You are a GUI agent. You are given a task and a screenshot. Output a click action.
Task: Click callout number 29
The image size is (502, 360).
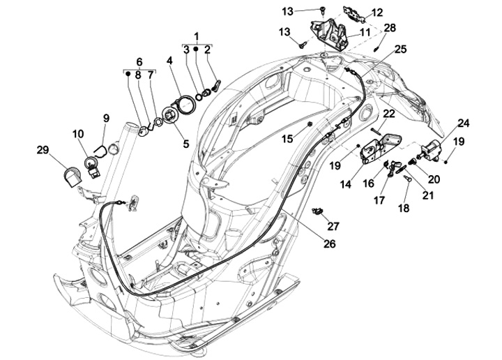tap(43, 150)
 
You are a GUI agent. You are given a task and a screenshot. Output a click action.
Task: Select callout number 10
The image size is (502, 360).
tap(77, 133)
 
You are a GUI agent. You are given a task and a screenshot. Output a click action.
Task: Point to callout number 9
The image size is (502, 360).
tap(106, 118)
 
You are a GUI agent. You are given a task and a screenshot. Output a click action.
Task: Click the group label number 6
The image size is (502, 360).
tap(139, 61)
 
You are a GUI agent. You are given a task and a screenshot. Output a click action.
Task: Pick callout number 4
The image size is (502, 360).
tap(169, 61)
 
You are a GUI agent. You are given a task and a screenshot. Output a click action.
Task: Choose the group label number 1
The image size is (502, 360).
tap(197, 35)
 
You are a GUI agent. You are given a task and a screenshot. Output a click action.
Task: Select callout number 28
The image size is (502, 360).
tap(390, 28)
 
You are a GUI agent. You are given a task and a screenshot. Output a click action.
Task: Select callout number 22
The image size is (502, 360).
tap(389, 113)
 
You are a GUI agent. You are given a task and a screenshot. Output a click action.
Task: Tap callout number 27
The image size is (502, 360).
tap(333, 226)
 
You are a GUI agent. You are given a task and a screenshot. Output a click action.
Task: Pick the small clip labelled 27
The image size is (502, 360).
tap(319, 211)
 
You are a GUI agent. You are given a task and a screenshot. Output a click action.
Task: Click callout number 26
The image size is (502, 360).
tap(329, 244)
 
